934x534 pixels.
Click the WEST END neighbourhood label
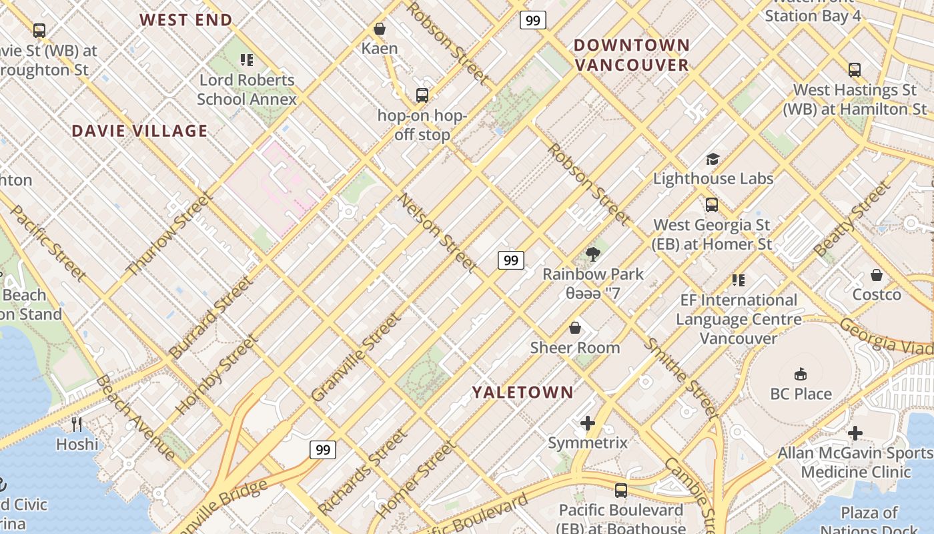tap(185, 20)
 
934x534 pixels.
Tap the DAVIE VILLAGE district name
tap(139, 131)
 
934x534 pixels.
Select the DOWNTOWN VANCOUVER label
tap(631, 55)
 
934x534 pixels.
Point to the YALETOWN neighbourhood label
tap(523, 392)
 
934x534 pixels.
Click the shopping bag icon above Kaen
tap(380, 29)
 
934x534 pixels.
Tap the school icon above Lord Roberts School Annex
tap(247, 60)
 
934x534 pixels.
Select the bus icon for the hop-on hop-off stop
tap(422, 95)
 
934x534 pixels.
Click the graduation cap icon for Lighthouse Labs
tap(713, 159)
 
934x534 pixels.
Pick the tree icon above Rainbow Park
tap(592, 254)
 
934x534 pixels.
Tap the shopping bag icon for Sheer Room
tap(575, 328)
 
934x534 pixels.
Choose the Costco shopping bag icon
tap(877, 275)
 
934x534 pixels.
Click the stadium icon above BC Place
tap(801, 374)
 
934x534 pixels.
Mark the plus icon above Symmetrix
tap(588, 423)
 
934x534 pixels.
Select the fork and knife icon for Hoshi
tap(77, 425)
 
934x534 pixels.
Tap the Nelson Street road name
tap(438, 233)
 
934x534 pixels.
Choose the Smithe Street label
tap(680, 378)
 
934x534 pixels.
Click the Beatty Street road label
tap(852, 219)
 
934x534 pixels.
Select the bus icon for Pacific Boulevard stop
tap(621, 491)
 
